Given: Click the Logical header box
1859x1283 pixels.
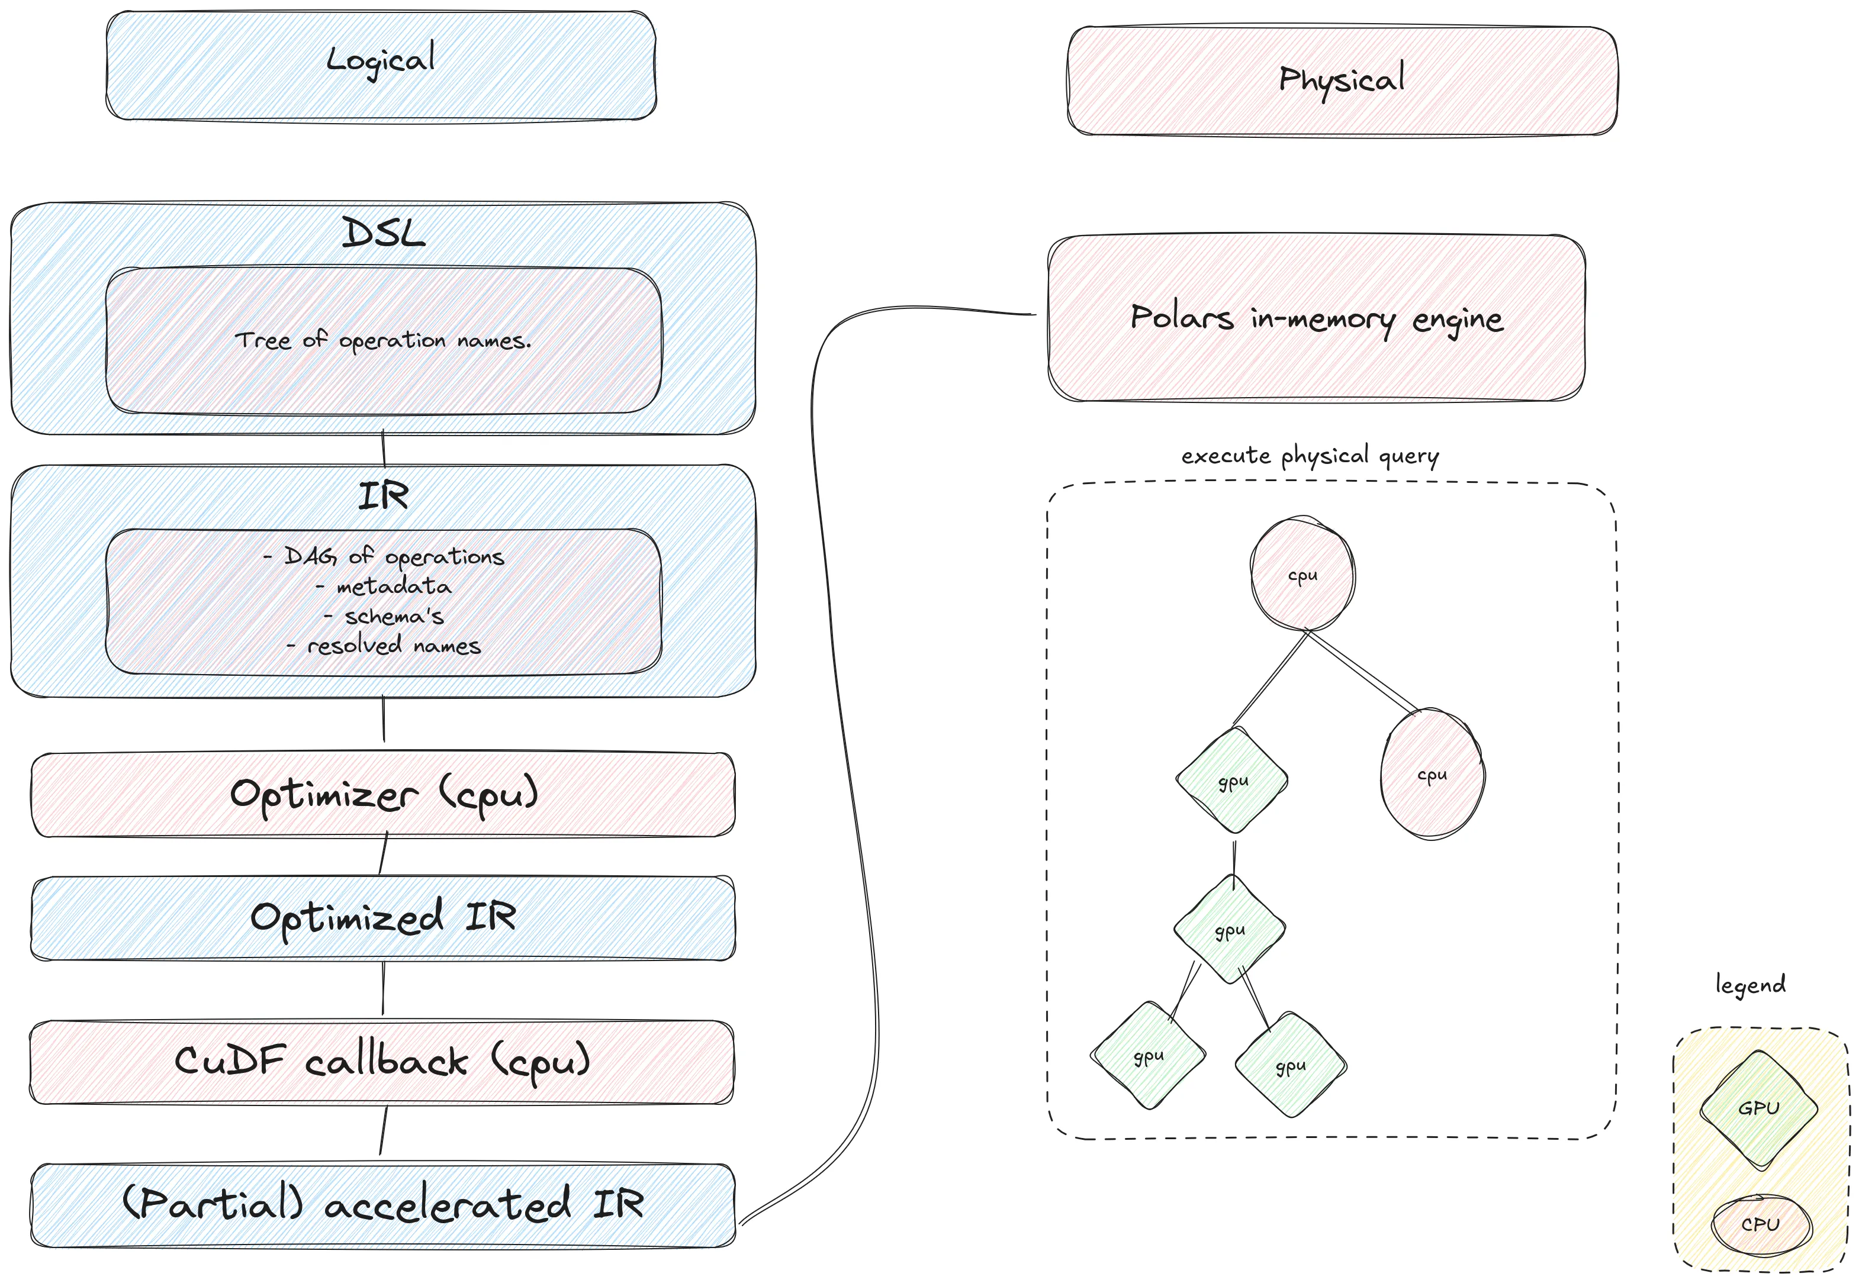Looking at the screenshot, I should click(381, 65).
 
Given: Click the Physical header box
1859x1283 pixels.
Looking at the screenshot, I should click(1341, 80).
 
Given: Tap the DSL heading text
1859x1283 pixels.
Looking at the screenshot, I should click(382, 234).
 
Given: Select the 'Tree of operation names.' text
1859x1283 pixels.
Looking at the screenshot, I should click(382, 341).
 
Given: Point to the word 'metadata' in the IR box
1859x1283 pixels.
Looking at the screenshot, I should click(394, 587).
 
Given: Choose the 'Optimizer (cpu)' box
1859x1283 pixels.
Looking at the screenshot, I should click(382, 794).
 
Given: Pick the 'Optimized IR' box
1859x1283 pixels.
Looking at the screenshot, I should click(382, 917).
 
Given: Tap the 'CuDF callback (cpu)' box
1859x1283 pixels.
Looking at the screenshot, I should click(382, 1062).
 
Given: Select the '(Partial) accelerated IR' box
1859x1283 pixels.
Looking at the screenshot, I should click(382, 1204).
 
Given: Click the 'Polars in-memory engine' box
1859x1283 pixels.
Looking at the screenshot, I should click(1316, 318).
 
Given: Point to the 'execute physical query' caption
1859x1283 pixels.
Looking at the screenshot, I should click(1310, 456).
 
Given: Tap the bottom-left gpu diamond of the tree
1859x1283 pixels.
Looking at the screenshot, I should click(1148, 1056).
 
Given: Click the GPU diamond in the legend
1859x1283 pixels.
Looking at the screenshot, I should click(1758, 1108).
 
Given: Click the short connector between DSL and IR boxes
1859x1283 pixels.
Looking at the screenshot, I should click(384, 449).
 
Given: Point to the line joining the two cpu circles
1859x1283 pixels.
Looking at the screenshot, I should click(1363, 671).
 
